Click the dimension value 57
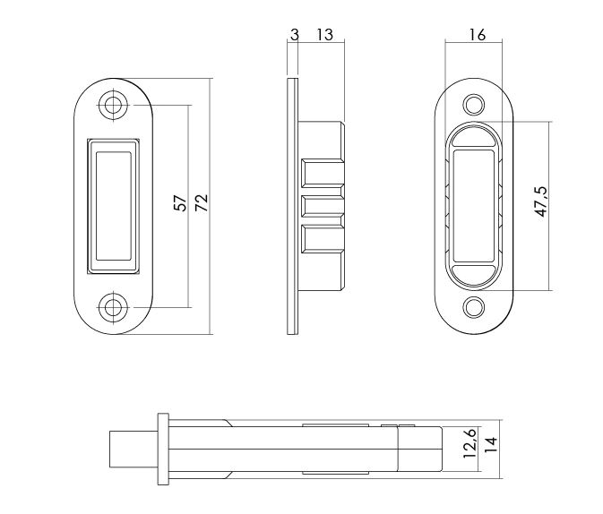(180, 203)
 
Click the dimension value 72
(202, 203)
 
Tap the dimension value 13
(323, 35)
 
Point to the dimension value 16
(477, 35)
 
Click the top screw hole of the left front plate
(112, 104)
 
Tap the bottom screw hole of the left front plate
(112, 307)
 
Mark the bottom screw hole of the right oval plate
(476, 306)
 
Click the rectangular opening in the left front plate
(112, 205)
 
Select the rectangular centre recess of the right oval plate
(476, 206)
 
